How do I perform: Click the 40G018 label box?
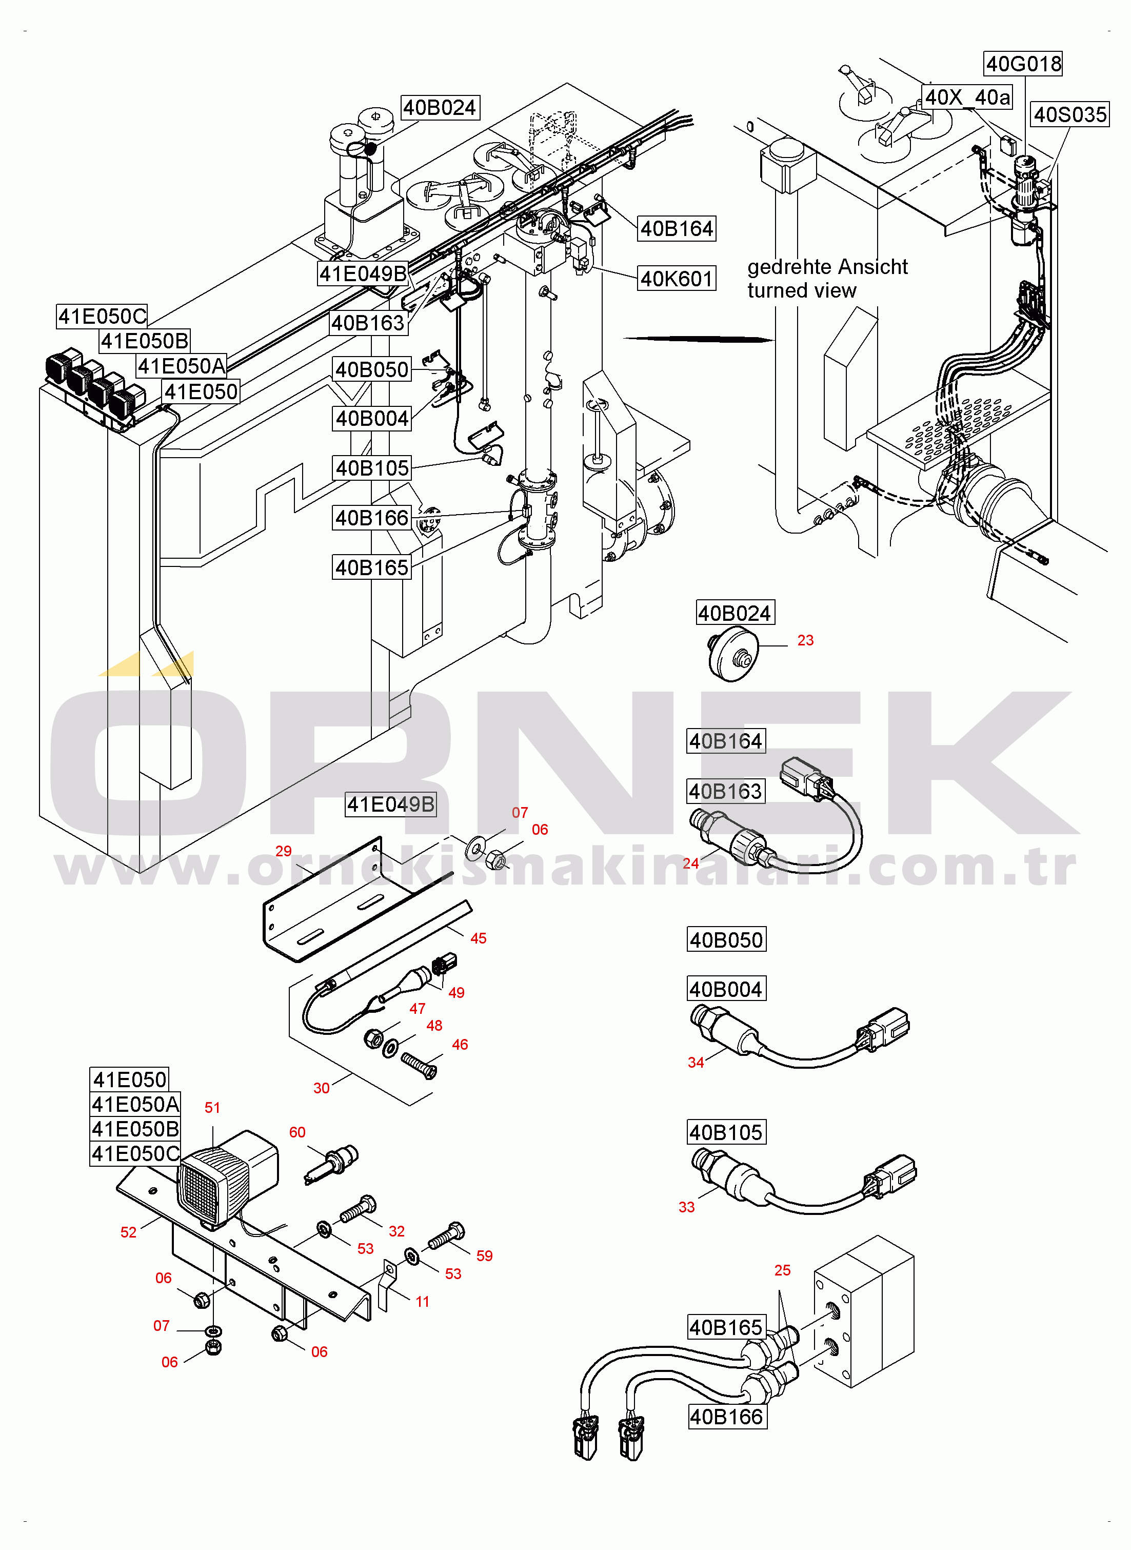click(1023, 64)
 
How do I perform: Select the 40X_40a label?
click(967, 97)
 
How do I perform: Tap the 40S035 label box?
click(1069, 114)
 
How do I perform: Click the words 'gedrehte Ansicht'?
click(827, 266)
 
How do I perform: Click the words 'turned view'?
click(801, 290)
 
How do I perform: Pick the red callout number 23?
click(805, 640)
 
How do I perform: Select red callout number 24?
click(690, 864)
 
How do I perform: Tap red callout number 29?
click(284, 851)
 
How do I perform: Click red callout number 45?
click(479, 938)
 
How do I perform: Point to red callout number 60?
click(297, 1132)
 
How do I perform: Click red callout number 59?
click(484, 1255)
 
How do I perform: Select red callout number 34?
click(696, 1063)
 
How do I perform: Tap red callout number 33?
click(686, 1207)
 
